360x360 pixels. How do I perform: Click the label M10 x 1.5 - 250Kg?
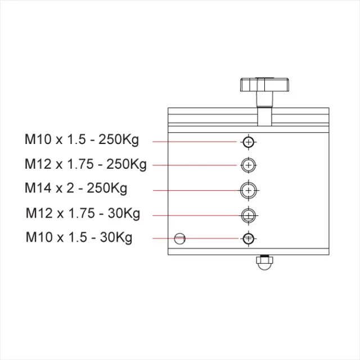click(x=82, y=139)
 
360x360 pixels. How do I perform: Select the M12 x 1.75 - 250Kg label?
click(x=85, y=164)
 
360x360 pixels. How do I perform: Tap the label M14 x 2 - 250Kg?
click(x=76, y=188)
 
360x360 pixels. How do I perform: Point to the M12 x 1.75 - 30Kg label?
click(x=83, y=214)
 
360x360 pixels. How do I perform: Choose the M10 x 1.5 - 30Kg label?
click(x=79, y=237)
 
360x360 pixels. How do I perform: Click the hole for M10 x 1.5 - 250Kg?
click(x=249, y=142)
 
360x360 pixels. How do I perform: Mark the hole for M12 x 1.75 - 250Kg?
click(x=249, y=165)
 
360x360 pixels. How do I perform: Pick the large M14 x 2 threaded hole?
click(x=249, y=190)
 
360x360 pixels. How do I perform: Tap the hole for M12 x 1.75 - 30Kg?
click(x=249, y=215)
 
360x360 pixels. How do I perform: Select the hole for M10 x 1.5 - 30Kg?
click(x=249, y=238)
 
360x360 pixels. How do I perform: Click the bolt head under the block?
click(x=263, y=262)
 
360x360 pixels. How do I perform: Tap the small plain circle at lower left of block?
click(x=179, y=238)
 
